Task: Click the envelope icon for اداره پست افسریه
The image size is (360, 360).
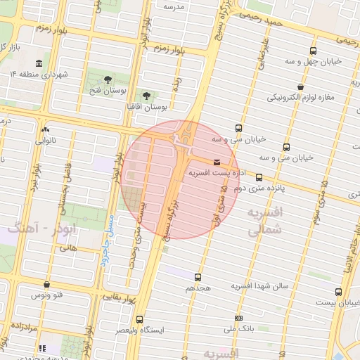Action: (216, 162)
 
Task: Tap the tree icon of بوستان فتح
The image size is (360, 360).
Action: (108, 79)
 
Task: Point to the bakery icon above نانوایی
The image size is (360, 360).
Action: (46, 129)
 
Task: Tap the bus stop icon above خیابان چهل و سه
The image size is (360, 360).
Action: (313, 51)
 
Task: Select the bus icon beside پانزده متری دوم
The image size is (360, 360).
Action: (259, 177)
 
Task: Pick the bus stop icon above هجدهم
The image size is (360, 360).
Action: (198, 278)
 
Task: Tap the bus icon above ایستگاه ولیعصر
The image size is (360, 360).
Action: (139, 319)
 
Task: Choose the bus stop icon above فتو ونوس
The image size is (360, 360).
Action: (46, 285)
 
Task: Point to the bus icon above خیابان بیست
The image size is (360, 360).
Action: (338, 292)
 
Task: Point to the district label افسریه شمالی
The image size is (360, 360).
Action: (264, 219)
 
